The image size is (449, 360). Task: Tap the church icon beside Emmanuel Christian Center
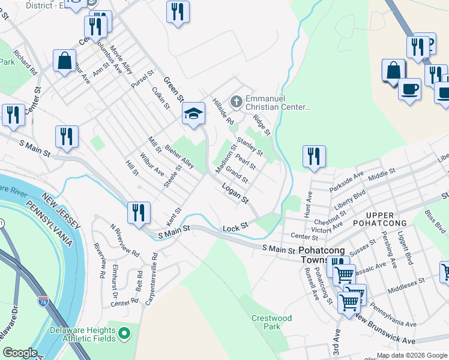pyautogui.click(x=236, y=101)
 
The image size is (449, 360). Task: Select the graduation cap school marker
pyautogui.click(x=193, y=113)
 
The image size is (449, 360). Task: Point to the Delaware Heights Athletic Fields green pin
pyautogui.click(x=125, y=332)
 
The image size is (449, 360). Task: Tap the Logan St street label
pyautogui.click(x=235, y=194)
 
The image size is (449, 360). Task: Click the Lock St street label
pyautogui.click(x=235, y=228)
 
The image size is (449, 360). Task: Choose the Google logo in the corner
pyautogui.click(x=20, y=352)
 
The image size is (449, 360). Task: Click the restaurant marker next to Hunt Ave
pyautogui.click(x=314, y=157)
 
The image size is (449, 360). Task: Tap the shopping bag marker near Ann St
pyautogui.click(x=64, y=61)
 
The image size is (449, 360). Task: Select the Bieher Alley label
pyautogui.click(x=179, y=155)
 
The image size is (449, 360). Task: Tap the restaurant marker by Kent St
pyautogui.click(x=138, y=212)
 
